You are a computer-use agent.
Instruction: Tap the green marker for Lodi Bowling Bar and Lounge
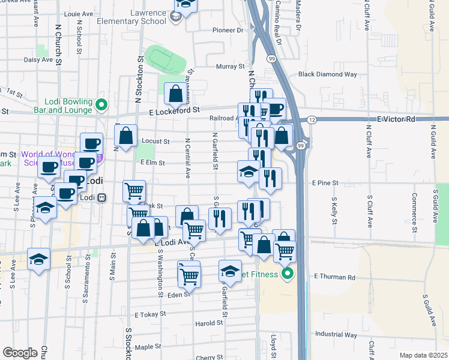pos(101,106)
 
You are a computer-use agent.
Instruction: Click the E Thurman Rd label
pos(334,277)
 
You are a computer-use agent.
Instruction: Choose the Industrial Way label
pos(336,334)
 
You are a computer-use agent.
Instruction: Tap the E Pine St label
pos(325,182)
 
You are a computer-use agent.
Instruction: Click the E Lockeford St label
pos(175,110)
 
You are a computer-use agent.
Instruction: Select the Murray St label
pos(231,67)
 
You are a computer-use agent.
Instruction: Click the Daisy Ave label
pos(38,60)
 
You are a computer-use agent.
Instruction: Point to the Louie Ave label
pos(78,13)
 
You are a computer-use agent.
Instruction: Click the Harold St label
pos(209,323)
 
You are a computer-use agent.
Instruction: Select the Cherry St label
pos(209,357)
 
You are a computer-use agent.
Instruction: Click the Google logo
pos(20,353)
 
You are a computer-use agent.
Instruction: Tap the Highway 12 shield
pos(312,121)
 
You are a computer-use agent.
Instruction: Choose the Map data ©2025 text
pos(423,355)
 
